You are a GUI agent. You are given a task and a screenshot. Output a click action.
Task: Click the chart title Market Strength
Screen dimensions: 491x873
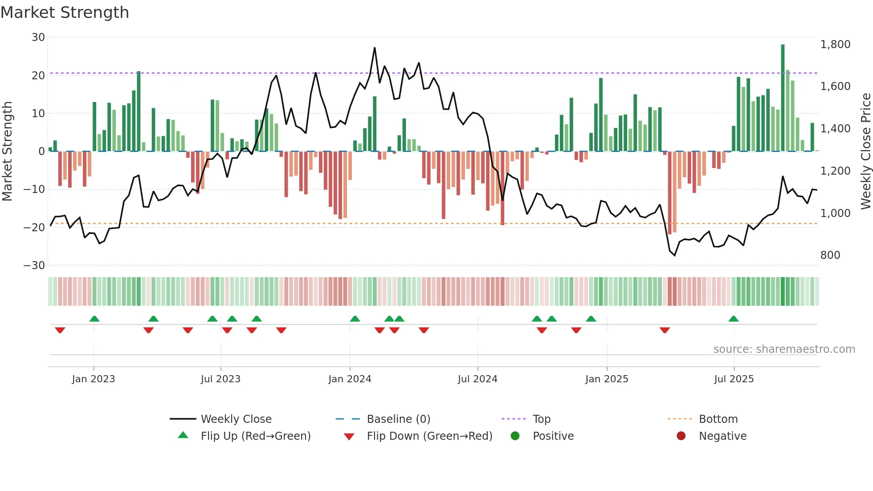(x=65, y=12)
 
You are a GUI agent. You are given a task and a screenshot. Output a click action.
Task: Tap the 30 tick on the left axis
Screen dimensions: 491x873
(x=38, y=37)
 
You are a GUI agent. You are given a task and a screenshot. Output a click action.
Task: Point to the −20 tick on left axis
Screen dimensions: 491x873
(x=34, y=228)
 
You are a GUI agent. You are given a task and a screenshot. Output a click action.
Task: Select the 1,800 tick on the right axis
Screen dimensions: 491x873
(x=835, y=45)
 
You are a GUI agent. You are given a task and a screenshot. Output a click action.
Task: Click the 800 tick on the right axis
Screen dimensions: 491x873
(x=830, y=255)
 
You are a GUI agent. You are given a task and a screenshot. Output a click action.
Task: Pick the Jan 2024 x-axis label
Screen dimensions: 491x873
(x=350, y=379)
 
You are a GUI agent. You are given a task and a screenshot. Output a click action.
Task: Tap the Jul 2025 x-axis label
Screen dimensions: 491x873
(x=734, y=379)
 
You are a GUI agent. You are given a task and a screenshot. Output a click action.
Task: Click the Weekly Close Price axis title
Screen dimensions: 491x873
(x=865, y=151)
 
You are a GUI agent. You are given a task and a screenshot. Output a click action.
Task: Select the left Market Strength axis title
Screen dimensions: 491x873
(x=7, y=151)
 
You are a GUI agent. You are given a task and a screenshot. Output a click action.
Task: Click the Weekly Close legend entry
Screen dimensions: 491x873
(x=236, y=419)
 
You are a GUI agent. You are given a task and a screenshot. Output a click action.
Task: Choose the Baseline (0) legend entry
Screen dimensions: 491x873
(x=398, y=419)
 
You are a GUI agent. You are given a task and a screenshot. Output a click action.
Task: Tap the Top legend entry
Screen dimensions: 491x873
(x=542, y=419)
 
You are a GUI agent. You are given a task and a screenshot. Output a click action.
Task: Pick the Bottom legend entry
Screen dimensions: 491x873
(x=718, y=419)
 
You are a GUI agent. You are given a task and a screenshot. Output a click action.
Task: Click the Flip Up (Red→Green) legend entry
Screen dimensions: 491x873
(x=256, y=436)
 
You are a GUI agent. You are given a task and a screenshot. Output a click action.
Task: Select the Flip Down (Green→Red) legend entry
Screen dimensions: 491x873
(x=429, y=436)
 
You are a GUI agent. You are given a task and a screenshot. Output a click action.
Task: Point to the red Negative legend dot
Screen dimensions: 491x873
(x=681, y=436)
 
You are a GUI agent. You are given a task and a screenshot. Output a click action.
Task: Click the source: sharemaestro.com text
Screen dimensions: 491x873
(x=784, y=349)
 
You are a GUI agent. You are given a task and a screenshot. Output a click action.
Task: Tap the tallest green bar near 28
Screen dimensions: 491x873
(x=783, y=98)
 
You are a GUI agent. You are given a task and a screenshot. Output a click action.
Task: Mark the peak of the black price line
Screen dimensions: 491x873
(x=375, y=48)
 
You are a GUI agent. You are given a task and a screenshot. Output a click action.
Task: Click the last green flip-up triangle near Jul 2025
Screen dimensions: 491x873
(x=734, y=319)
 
